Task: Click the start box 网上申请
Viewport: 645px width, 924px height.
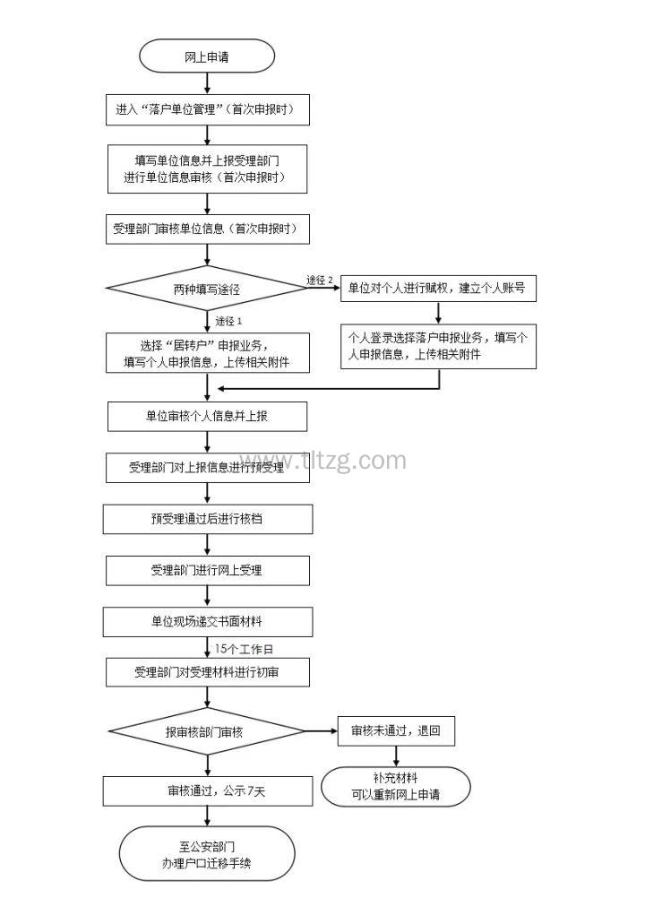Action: (x=207, y=57)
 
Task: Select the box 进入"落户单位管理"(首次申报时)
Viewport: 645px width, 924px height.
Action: (x=207, y=110)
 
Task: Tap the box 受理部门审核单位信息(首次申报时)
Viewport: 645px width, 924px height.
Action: (x=207, y=229)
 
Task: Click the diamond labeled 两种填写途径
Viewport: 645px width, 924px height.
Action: (x=207, y=289)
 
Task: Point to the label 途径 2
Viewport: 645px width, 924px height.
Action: (x=320, y=281)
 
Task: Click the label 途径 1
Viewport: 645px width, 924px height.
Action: (x=229, y=320)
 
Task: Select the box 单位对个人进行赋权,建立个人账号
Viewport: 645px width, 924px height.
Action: (x=437, y=288)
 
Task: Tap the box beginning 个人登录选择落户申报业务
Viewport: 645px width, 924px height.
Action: (x=437, y=346)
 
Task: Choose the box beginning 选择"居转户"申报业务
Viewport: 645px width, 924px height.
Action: (x=207, y=354)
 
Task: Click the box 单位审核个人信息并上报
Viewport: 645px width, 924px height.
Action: (x=207, y=416)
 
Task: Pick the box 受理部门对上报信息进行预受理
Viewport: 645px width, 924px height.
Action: (x=207, y=467)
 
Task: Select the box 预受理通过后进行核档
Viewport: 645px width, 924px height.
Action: (x=207, y=519)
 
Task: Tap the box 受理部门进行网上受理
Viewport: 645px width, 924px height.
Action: (x=207, y=570)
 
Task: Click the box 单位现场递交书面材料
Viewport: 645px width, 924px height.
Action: (x=207, y=622)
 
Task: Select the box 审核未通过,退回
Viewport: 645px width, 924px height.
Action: (x=396, y=730)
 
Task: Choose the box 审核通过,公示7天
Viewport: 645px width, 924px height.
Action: (x=207, y=790)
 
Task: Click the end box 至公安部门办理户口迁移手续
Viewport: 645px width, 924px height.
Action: (x=207, y=852)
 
